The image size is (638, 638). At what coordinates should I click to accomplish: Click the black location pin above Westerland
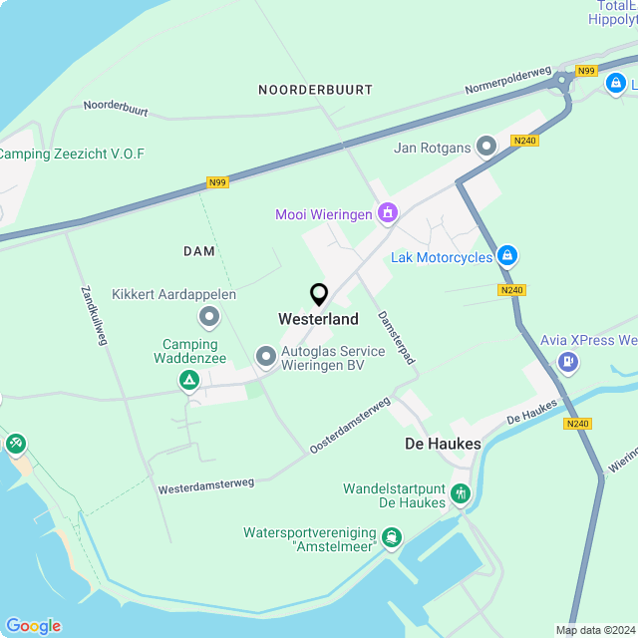point(319,295)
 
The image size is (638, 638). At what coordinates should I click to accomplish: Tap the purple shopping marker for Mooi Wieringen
point(388,212)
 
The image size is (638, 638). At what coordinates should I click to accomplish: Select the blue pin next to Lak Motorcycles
point(507,257)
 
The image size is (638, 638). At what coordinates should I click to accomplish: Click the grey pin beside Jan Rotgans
point(486,148)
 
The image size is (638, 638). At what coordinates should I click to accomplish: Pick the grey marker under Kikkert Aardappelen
point(209,318)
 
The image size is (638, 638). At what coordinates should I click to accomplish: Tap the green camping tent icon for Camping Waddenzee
point(188,380)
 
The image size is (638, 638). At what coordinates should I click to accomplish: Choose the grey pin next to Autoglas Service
point(266,356)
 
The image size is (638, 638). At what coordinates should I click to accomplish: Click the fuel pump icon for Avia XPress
point(567,361)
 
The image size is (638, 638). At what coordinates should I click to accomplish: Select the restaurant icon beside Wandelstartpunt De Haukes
point(460,493)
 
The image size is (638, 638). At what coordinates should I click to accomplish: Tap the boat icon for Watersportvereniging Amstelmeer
point(393,539)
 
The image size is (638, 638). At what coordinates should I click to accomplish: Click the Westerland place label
point(318,320)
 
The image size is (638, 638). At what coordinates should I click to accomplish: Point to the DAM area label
point(199,251)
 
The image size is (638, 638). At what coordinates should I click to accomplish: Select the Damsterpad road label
point(395,337)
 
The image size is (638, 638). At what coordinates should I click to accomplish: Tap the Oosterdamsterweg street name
point(349,427)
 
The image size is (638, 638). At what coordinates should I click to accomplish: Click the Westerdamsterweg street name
point(206,485)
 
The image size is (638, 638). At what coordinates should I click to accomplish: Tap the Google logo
point(33,625)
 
